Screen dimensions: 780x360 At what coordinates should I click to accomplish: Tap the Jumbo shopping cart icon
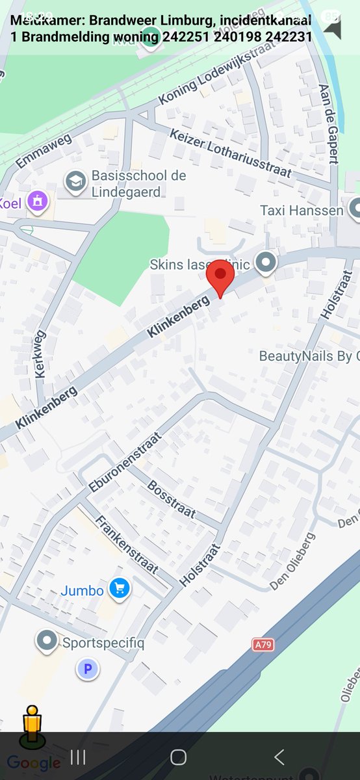119,589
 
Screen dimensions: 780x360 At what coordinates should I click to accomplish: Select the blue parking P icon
88,668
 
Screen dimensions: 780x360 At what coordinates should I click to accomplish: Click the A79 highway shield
262,644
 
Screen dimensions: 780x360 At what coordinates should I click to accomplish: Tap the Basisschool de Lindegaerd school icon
76,183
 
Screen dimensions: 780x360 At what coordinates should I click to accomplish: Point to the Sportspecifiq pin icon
47,642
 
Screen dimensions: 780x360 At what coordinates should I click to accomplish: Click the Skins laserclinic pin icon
265,263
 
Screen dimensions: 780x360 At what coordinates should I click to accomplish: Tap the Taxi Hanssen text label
302,210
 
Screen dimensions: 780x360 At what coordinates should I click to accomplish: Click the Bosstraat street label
171,499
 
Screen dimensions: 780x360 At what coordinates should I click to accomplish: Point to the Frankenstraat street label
127,545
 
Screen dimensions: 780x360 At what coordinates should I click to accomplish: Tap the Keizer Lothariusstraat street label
231,154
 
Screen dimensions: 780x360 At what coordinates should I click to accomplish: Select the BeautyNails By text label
309,356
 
